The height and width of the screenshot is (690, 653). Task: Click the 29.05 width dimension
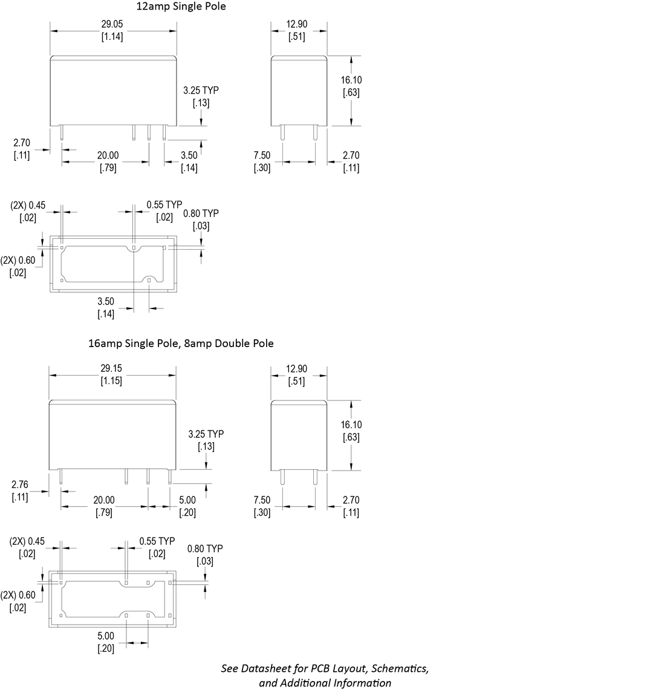pyautogui.click(x=112, y=24)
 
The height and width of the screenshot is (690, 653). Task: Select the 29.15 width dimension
pyautogui.click(x=111, y=368)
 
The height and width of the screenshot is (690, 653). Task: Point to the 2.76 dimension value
pyautogui.click(x=20, y=484)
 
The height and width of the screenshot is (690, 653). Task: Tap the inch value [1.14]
pyautogui.click(x=112, y=36)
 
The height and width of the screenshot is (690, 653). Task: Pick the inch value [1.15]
pyautogui.click(x=111, y=380)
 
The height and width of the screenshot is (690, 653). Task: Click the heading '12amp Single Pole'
pyautogui.click(x=181, y=7)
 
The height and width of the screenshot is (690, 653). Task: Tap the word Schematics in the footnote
pyautogui.click(x=400, y=668)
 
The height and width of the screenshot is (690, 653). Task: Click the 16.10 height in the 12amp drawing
pyautogui.click(x=351, y=80)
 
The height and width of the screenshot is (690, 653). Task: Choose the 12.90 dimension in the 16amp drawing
pyautogui.click(x=297, y=369)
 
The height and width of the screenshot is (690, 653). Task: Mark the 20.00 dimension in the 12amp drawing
pyautogui.click(x=108, y=155)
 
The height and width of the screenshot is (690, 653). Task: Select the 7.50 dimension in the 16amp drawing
pyautogui.click(x=262, y=500)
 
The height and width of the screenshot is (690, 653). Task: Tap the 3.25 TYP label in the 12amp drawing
pyautogui.click(x=201, y=90)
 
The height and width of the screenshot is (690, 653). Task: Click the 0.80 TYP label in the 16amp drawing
pyautogui.click(x=205, y=548)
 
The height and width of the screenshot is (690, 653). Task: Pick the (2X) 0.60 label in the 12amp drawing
pyautogui.click(x=18, y=260)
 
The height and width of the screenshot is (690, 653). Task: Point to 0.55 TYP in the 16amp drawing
pyautogui.click(x=157, y=541)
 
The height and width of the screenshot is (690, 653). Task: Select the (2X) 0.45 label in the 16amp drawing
pyautogui.click(x=27, y=541)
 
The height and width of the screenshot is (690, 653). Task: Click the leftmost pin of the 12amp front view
pyautogui.click(x=62, y=133)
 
